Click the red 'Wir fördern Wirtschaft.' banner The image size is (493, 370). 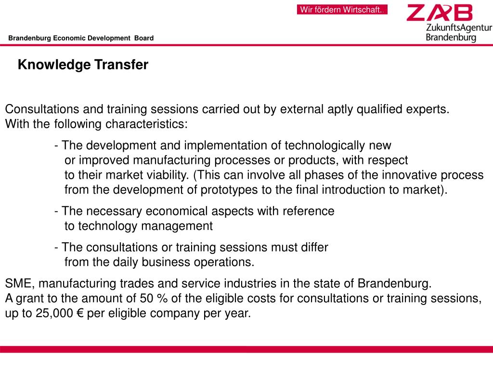tap(342, 10)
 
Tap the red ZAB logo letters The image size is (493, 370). tap(440, 13)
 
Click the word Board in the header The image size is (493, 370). tap(144, 38)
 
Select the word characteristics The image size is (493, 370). tap(146, 124)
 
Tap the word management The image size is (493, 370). tap(181, 226)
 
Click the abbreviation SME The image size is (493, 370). tap(18, 283)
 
